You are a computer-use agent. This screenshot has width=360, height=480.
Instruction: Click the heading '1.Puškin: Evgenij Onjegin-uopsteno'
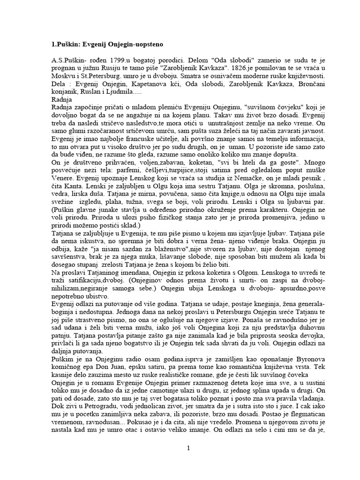pos(107,44)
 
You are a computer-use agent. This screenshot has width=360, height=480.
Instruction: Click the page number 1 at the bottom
pos(188,448)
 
